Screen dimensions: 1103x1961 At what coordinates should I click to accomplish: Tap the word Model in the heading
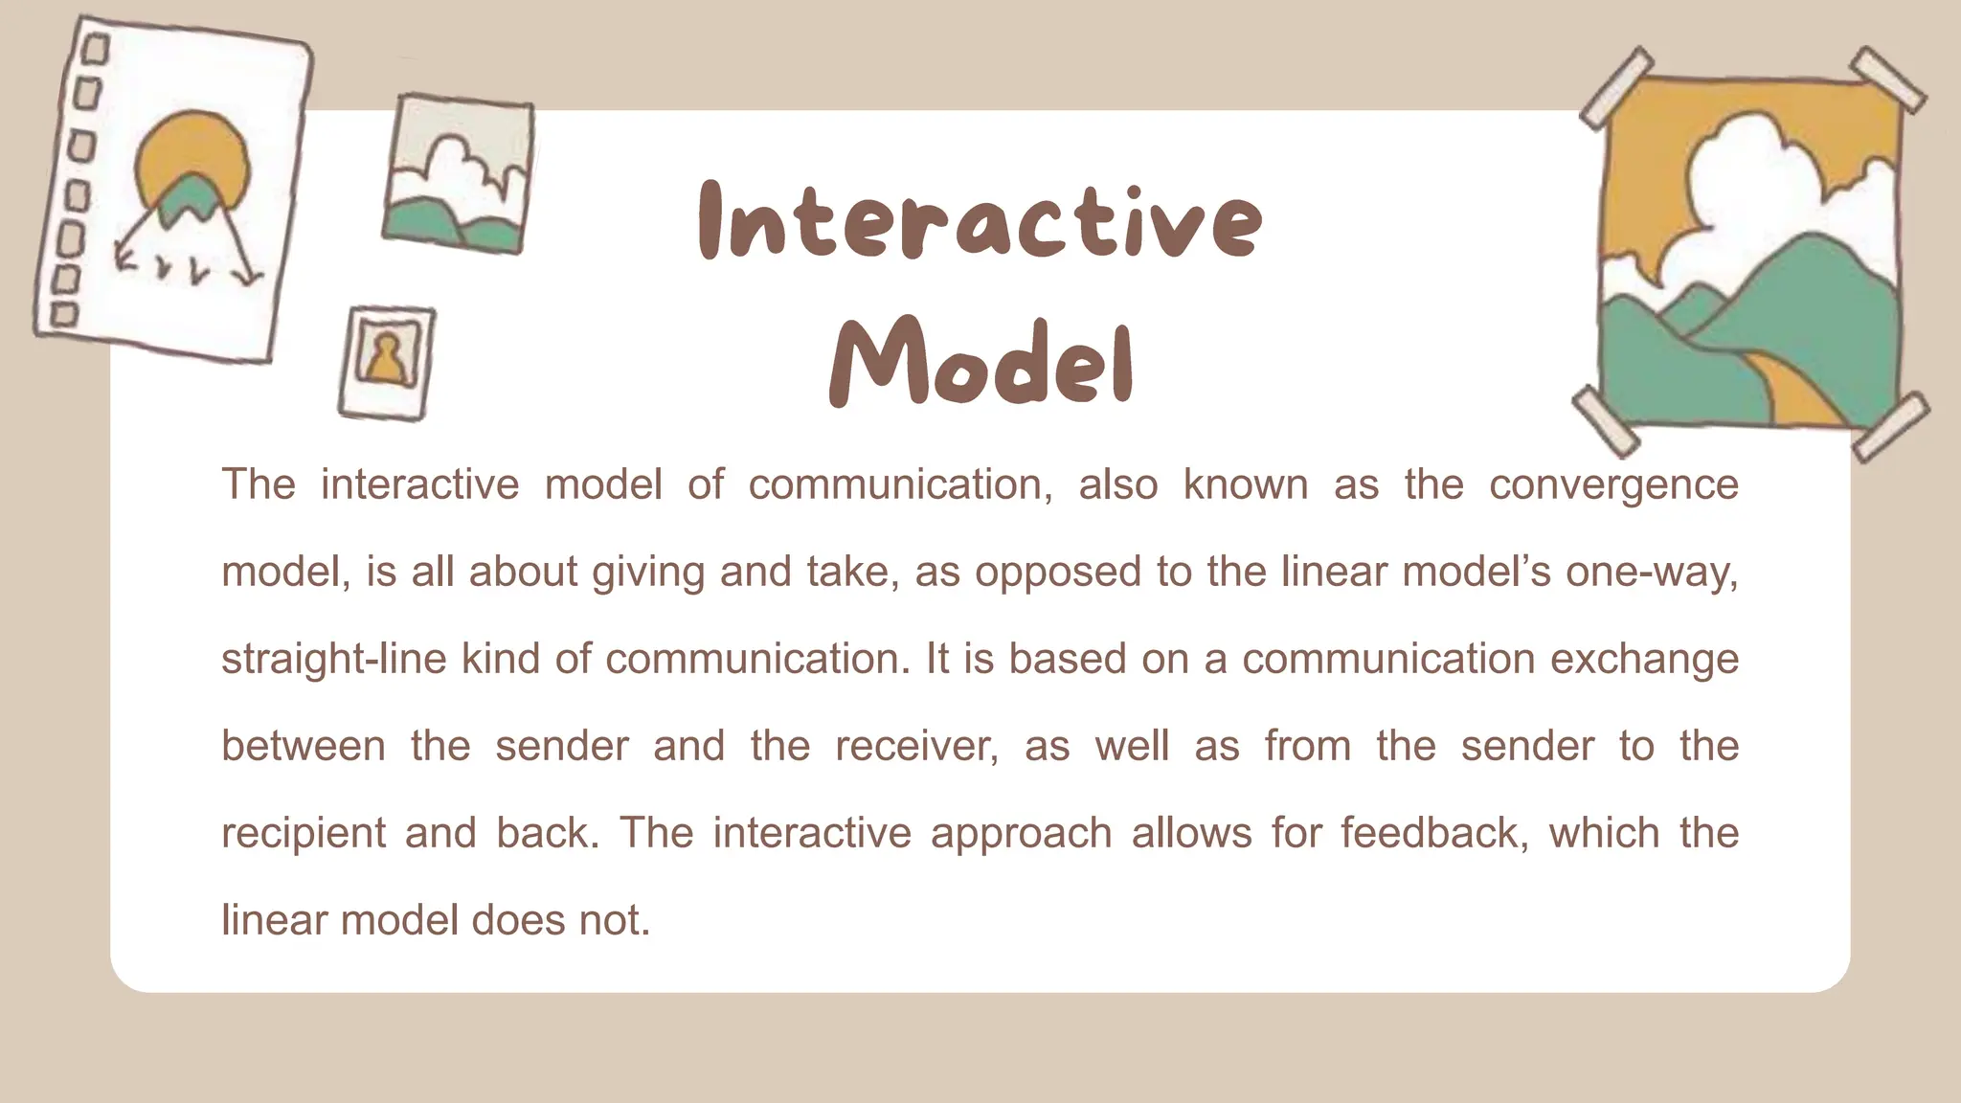tap(980, 364)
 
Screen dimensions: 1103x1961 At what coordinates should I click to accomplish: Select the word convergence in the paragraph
tap(1613, 485)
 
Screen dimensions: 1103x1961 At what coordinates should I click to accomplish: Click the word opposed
tap(1058, 573)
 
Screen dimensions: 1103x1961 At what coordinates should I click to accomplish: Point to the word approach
tap(1021, 834)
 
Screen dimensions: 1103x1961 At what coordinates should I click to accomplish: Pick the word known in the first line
tap(1245, 485)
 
